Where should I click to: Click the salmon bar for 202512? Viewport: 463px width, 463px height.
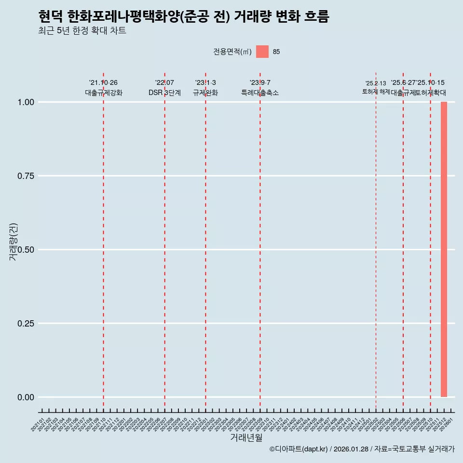[x=444, y=249]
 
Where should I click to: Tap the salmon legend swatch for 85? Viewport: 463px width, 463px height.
[x=262, y=52]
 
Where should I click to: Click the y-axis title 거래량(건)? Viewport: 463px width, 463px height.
[x=14, y=241]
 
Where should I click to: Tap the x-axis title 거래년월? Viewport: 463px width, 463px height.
[x=246, y=437]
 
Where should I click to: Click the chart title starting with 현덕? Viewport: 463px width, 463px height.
[x=183, y=17]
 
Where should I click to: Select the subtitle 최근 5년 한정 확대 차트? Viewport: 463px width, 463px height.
[x=82, y=31]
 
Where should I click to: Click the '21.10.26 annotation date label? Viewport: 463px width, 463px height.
[x=103, y=83]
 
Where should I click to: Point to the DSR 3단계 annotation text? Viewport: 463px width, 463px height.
[x=164, y=93]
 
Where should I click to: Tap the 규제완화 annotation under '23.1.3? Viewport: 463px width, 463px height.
[x=205, y=93]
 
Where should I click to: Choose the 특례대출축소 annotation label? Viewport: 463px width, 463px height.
[x=260, y=93]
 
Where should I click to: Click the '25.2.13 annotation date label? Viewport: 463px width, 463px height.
[x=375, y=83]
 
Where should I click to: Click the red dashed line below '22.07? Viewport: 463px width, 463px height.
[x=164, y=241]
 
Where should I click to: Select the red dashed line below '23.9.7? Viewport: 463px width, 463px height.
[x=260, y=241]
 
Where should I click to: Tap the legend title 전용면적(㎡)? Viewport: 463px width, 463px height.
[x=232, y=52]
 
